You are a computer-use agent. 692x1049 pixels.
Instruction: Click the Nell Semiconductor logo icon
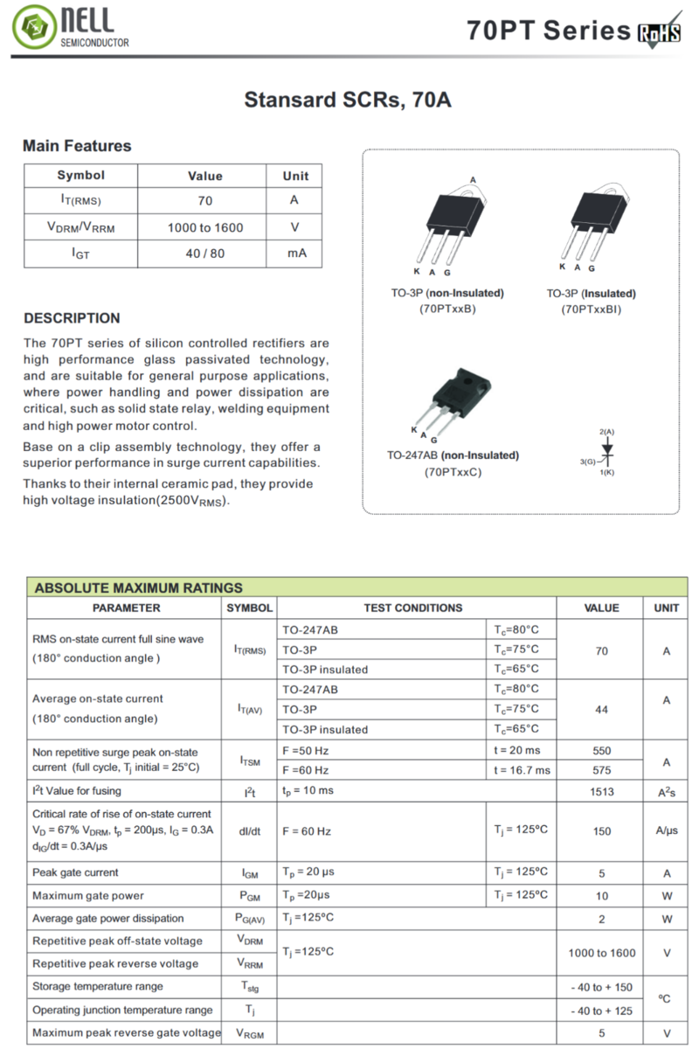coord(32,28)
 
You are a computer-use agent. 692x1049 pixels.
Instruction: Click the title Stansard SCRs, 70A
coord(347,100)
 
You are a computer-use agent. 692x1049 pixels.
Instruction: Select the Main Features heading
coord(77,146)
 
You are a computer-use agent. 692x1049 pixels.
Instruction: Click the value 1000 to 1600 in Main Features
coord(205,227)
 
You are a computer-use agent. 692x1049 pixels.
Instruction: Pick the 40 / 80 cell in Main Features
coord(205,254)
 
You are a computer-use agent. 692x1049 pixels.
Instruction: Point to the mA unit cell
coord(295,254)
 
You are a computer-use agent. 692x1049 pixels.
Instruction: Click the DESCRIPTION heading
coord(72,318)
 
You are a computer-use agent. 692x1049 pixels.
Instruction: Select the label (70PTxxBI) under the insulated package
coord(591,309)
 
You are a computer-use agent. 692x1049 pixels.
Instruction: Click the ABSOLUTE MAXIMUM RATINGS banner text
coord(138,587)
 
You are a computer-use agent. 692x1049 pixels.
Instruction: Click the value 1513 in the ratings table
coord(601,791)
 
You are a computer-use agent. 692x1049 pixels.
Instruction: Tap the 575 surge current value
coord(601,770)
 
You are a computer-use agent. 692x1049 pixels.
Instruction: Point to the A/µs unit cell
coord(666,830)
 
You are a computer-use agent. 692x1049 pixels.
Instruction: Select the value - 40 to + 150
coord(601,987)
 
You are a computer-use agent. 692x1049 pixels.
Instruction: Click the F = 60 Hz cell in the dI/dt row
coord(307,830)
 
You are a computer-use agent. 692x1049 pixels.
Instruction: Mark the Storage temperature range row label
coord(98,986)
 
